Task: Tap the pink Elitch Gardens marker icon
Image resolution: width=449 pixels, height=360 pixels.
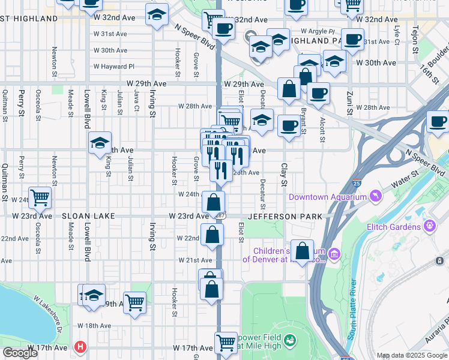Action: tap(430, 226)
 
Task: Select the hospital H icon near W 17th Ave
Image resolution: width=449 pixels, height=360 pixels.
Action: tap(80, 347)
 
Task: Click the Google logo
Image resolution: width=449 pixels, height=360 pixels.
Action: tap(20, 353)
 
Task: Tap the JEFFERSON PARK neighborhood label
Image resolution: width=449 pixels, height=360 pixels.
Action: tap(286, 216)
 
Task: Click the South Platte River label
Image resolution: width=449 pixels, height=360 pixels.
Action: tap(353, 301)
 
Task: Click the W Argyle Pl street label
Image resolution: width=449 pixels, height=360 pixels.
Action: tap(318, 31)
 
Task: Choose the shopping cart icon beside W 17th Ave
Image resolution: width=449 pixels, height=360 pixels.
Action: tap(226, 343)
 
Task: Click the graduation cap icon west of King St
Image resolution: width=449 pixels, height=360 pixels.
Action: tap(100, 143)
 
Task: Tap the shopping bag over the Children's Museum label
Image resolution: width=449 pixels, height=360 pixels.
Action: tap(304, 251)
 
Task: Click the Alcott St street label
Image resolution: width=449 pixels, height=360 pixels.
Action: tap(323, 128)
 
